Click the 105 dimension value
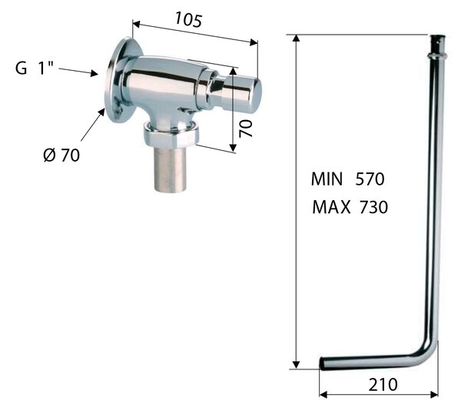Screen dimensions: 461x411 pos(188,19)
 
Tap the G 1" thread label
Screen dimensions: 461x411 pos(35,68)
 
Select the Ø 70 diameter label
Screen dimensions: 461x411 pos(61,155)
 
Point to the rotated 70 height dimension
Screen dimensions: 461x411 pos(246,129)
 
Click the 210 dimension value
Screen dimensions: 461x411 pos(383,385)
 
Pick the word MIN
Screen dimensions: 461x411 pos(327,179)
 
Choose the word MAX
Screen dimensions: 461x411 pos(331,207)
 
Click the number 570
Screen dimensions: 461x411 pos(370,179)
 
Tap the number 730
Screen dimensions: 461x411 pos(373,207)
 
